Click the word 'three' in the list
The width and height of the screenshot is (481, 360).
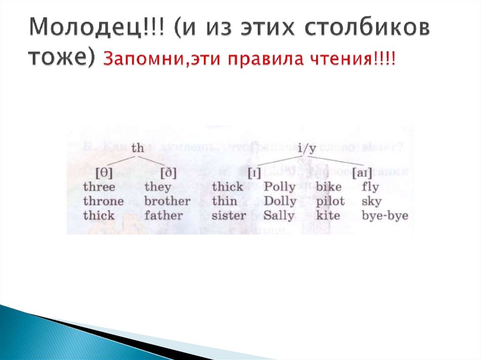pos(99,187)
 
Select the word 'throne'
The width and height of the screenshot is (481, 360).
pos(103,201)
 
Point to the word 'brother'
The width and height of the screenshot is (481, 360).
pos(167,201)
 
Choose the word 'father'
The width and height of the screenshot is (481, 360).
pos(163,216)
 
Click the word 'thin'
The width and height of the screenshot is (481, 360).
pos(221,201)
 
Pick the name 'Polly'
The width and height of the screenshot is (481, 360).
pos(280,187)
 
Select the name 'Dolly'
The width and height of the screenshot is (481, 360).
pos(280,201)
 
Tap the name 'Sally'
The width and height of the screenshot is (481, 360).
pos(279,216)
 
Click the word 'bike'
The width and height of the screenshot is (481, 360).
pos(329,187)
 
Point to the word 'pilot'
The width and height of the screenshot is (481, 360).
pos(330,201)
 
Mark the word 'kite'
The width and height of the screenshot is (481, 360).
pos(328,216)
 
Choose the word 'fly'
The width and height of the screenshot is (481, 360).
pos(370,187)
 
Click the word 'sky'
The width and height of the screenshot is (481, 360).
pos(372,201)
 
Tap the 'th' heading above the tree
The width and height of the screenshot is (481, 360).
pos(138,148)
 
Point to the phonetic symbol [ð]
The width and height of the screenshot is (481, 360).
pos(168,173)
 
